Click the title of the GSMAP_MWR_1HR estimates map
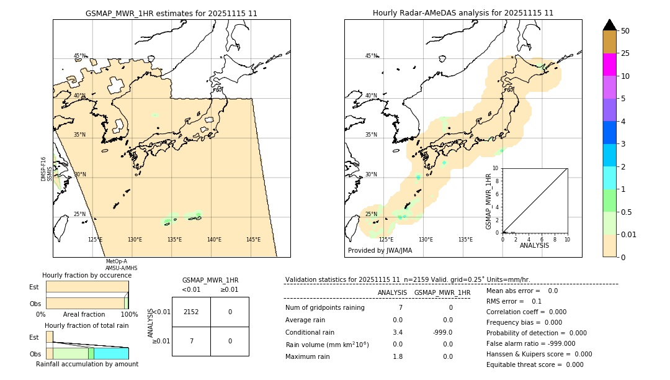coord(171,13)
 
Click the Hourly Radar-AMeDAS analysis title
coord(463,13)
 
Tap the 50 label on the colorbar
coord(625,31)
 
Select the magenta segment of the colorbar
coord(609,65)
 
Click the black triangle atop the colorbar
coord(609,25)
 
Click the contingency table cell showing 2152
coord(191,312)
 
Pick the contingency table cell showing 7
coord(191,341)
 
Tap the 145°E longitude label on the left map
coord(253,240)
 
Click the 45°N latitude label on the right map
coord(371,56)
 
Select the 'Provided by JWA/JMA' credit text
coord(380,251)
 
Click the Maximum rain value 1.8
coord(398,356)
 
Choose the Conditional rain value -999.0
coord(442,332)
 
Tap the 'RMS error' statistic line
coord(514,301)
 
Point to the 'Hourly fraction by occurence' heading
coord(87,275)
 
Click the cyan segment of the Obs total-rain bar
coord(111,353)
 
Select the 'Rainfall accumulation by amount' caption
coord(87,364)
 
